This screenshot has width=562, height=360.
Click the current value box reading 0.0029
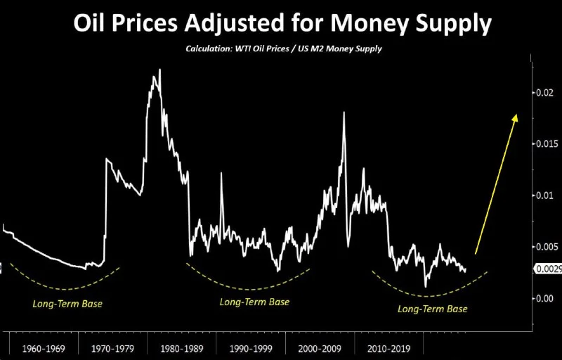[547, 269]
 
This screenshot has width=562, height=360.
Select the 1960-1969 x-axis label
[44, 348]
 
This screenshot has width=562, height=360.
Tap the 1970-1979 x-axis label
[113, 348]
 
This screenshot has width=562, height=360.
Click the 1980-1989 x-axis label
[182, 348]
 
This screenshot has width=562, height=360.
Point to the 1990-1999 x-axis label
[251, 348]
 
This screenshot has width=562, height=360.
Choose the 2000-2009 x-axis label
[320, 348]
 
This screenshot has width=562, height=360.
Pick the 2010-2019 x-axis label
[388, 348]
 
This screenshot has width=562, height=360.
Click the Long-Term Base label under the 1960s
[67, 305]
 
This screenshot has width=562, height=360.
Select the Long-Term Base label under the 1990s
[254, 302]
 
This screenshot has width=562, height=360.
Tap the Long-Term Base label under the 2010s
[432, 309]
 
